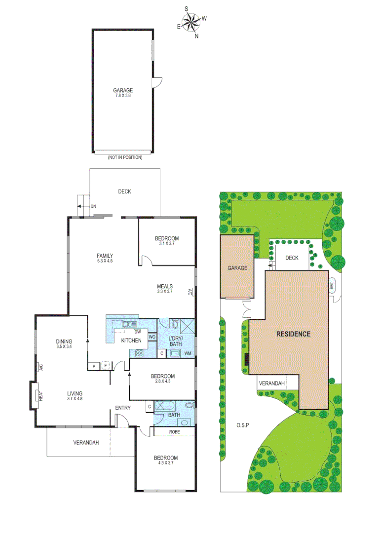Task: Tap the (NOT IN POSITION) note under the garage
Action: [x=125, y=157]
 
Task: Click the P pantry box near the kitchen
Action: [x=92, y=366]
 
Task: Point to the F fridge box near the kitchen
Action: [x=105, y=366]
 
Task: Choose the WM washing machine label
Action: [x=188, y=353]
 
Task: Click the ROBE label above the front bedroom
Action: [x=175, y=432]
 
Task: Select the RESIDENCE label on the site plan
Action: [x=293, y=334]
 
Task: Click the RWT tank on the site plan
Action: [x=332, y=285]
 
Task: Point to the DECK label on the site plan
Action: [x=292, y=258]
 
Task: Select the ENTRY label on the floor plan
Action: [x=123, y=408]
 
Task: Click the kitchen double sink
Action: [x=130, y=324]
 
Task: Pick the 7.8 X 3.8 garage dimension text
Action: [x=123, y=96]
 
